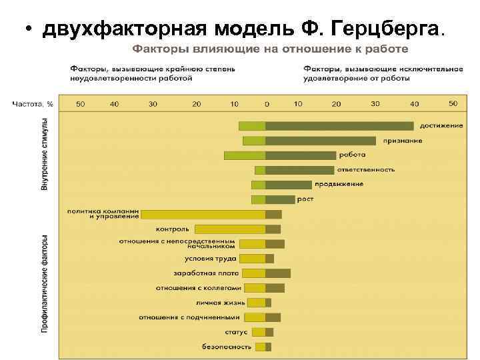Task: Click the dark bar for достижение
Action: coord(339,125)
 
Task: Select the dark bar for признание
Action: coord(321,141)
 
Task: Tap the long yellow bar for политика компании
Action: coord(203,214)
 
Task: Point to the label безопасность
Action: coord(227,347)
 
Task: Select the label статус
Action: coord(236,332)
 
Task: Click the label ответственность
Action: coord(367,169)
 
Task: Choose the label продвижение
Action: coord(339,184)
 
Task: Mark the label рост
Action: coord(305,199)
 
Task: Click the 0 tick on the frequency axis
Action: coord(267,104)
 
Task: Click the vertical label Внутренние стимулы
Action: coord(45,155)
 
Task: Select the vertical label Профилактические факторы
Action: coord(45,283)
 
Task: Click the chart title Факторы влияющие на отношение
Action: coord(269,49)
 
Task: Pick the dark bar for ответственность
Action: coord(299,170)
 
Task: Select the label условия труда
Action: coord(211,259)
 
